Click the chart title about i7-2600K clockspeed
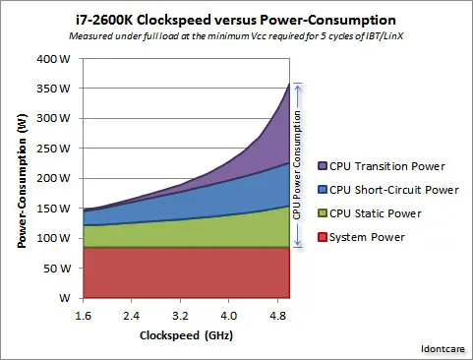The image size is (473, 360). tap(236, 19)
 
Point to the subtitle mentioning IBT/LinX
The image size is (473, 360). tap(236, 37)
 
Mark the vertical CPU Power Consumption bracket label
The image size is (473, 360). tap(298, 164)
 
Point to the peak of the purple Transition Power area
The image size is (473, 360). tap(288, 86)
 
